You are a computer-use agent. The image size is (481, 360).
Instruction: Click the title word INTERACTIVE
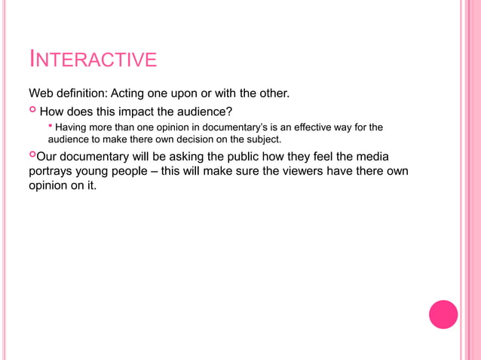click(93, 59)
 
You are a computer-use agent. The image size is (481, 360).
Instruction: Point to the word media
click(371, 157)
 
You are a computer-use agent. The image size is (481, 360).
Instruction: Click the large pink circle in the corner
click(443, 314)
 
